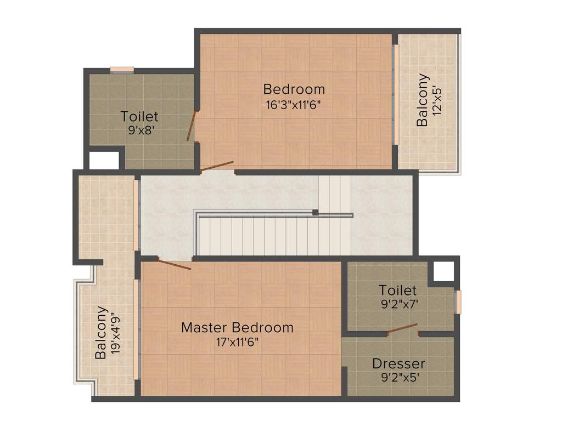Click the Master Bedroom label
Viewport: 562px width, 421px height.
point(237,328)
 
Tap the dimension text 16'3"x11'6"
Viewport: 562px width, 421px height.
point(294,104)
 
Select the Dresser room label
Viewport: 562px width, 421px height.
point(398,363)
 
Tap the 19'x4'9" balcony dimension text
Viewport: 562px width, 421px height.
point(115,332)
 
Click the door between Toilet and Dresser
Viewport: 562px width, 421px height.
point(402,329)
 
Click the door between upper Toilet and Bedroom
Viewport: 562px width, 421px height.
point(191,126)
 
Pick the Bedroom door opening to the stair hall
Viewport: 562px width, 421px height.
point(217,166)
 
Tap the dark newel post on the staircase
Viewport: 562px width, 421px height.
point(315,212)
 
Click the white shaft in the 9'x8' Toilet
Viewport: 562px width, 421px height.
point(104,160)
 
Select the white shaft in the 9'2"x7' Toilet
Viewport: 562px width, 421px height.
point(443,271)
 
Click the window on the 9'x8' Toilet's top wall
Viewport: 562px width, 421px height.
point(122,70)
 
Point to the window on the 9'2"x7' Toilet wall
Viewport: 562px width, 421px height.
point(458,302)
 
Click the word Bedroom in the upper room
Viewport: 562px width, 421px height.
point(294,89)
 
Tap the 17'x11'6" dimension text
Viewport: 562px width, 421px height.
point(238,343)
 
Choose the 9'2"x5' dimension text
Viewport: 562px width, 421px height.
point(399,377)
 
